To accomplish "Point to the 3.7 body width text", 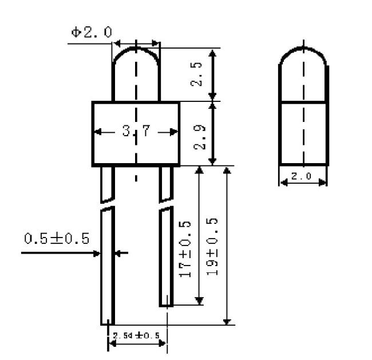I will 136,132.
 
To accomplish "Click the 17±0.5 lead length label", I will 185,247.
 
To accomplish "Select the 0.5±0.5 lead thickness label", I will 57,238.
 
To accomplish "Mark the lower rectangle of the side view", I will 304,133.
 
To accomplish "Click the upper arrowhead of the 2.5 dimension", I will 212,53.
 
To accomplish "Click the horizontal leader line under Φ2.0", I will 89,42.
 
